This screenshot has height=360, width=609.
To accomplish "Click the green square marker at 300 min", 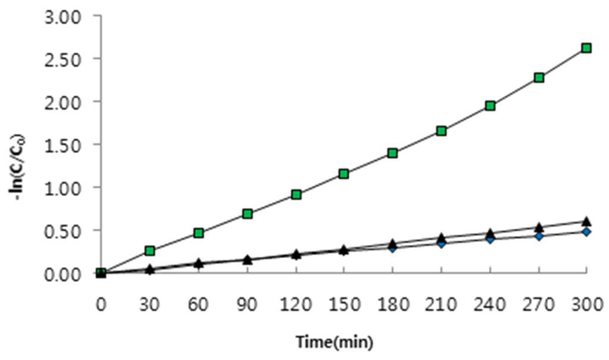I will pyautogui.click(x=586, y=48).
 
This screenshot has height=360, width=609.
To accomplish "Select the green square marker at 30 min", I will pyautogui.click(x=149, y=251).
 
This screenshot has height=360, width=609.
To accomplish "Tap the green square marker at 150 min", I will pyautogui.click(x=344, y=174).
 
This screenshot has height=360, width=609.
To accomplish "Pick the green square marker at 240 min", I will pyautogui.click(x=490, y=106).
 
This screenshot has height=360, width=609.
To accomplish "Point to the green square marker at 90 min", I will pyautogui.click(x=247, y=214).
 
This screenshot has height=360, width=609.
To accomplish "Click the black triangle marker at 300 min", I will pyautogui.click(x=586, y=221).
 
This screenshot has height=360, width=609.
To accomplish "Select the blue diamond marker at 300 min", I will pyautogui.click(x=586, y=231).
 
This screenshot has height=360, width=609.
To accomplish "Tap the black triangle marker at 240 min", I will pyautogui.click(x=490, y=233).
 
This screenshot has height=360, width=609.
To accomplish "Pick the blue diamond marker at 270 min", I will pyautogui.click(x=538, y=236).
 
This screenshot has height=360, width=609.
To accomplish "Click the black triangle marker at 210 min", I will pyautogui.click(x=441, y=238).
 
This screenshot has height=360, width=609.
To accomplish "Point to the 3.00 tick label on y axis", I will pyautogui.click(x=62, y=16).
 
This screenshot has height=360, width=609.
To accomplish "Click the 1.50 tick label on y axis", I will pyautogui.click(x=62, y=145).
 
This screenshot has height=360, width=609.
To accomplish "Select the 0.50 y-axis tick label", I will pyautogui.click(x=62, y=230).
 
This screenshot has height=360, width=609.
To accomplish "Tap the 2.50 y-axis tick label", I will pyautogui.click(x=62, y=59).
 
